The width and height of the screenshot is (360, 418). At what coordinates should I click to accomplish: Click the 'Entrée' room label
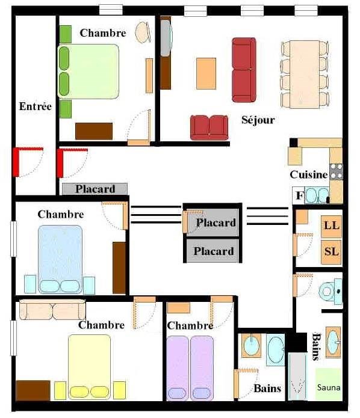36,106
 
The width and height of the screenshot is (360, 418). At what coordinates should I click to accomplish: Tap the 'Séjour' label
258,120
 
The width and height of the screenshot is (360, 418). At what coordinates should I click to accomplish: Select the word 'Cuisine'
309,174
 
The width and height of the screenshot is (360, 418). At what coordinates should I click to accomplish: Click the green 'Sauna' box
329,384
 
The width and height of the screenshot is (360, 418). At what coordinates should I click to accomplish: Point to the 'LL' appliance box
332,226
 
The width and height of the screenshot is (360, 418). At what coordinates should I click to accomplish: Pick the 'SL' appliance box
332,252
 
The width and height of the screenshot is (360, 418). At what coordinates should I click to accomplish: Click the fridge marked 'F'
299,195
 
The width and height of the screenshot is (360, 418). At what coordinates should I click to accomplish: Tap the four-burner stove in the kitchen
336,171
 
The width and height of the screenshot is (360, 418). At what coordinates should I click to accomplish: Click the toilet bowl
331,291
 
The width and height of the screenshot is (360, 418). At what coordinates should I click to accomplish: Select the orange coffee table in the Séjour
206,73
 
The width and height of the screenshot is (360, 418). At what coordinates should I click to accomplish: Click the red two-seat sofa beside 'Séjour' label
209,128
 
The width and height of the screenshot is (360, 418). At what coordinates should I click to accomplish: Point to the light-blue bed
60,259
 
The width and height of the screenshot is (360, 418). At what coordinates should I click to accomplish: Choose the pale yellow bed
90,367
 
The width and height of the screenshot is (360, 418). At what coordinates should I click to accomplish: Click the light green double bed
88,72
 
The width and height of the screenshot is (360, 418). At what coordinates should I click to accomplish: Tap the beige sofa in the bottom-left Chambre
52,310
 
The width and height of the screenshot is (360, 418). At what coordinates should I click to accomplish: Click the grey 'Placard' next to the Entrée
95,189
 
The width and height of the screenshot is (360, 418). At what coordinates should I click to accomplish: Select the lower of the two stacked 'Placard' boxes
213,251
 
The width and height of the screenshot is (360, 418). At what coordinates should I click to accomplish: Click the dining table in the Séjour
305,74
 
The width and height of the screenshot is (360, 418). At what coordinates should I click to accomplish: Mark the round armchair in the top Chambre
143,32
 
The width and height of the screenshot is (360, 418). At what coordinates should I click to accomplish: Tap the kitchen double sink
317,195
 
